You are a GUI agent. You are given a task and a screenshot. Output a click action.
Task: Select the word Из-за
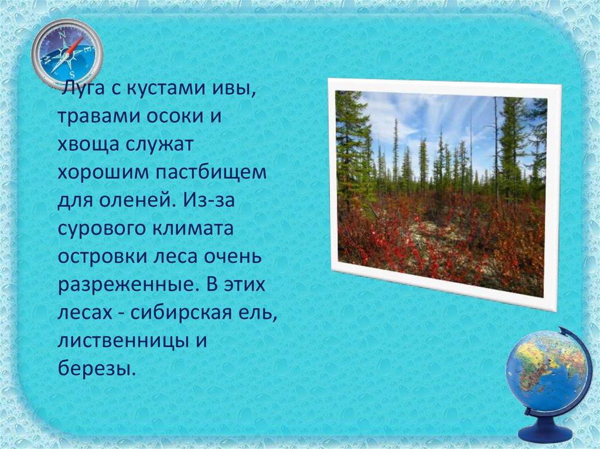click(x=209, y=200)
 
